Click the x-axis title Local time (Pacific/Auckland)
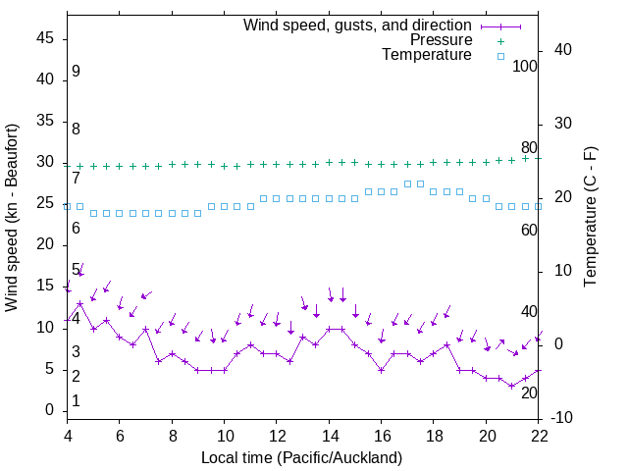pyautogui.click(x=301, y=457)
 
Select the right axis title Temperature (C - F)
pyautogui.click(x=590, y=218)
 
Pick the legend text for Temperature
pyautogui.click(x=427, y=55)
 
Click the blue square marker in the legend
pyautogui.click(x=500, y=56)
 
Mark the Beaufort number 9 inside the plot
pyautogui.click(x=76, y=72)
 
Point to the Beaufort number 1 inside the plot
pyautogui.click(x=76, y=401)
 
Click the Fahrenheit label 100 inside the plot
pyautogui.click(x=525, y=67)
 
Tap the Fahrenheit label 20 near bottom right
pyautogui.click(x=529, y=392)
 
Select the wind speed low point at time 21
pyautogui.click(x=512, y=386)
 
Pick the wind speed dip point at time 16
pyautogui.click(x=381, y=370)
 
